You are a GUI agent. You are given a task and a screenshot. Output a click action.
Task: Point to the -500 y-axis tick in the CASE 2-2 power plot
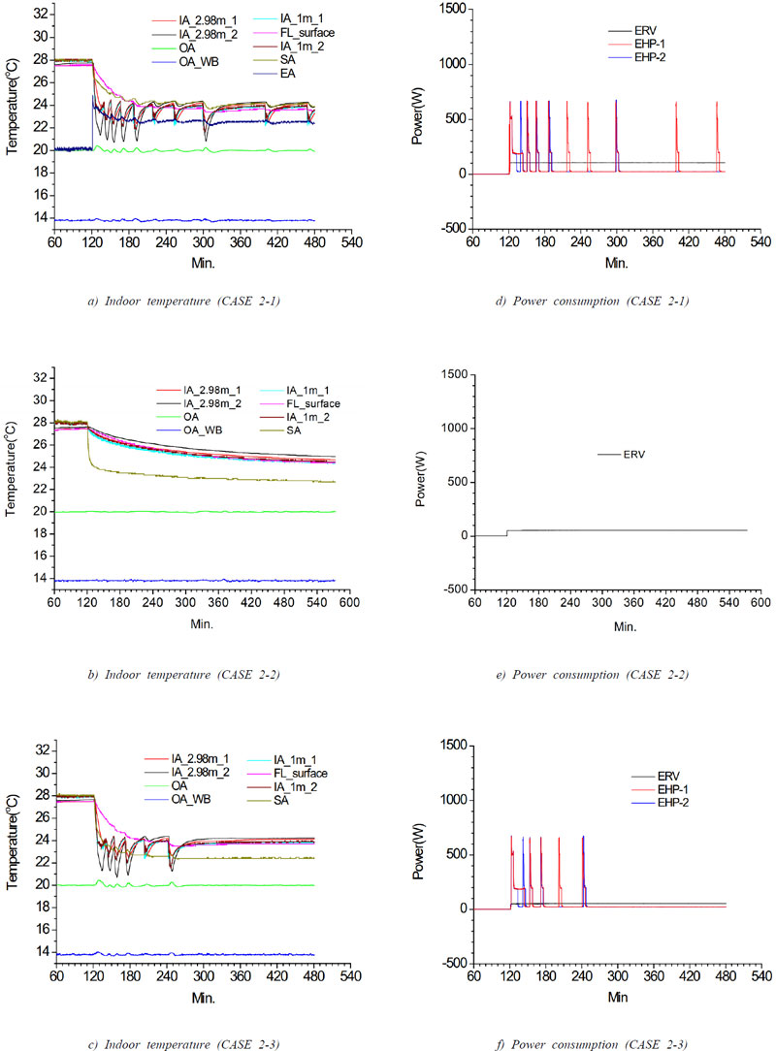(x=454, y=589)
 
